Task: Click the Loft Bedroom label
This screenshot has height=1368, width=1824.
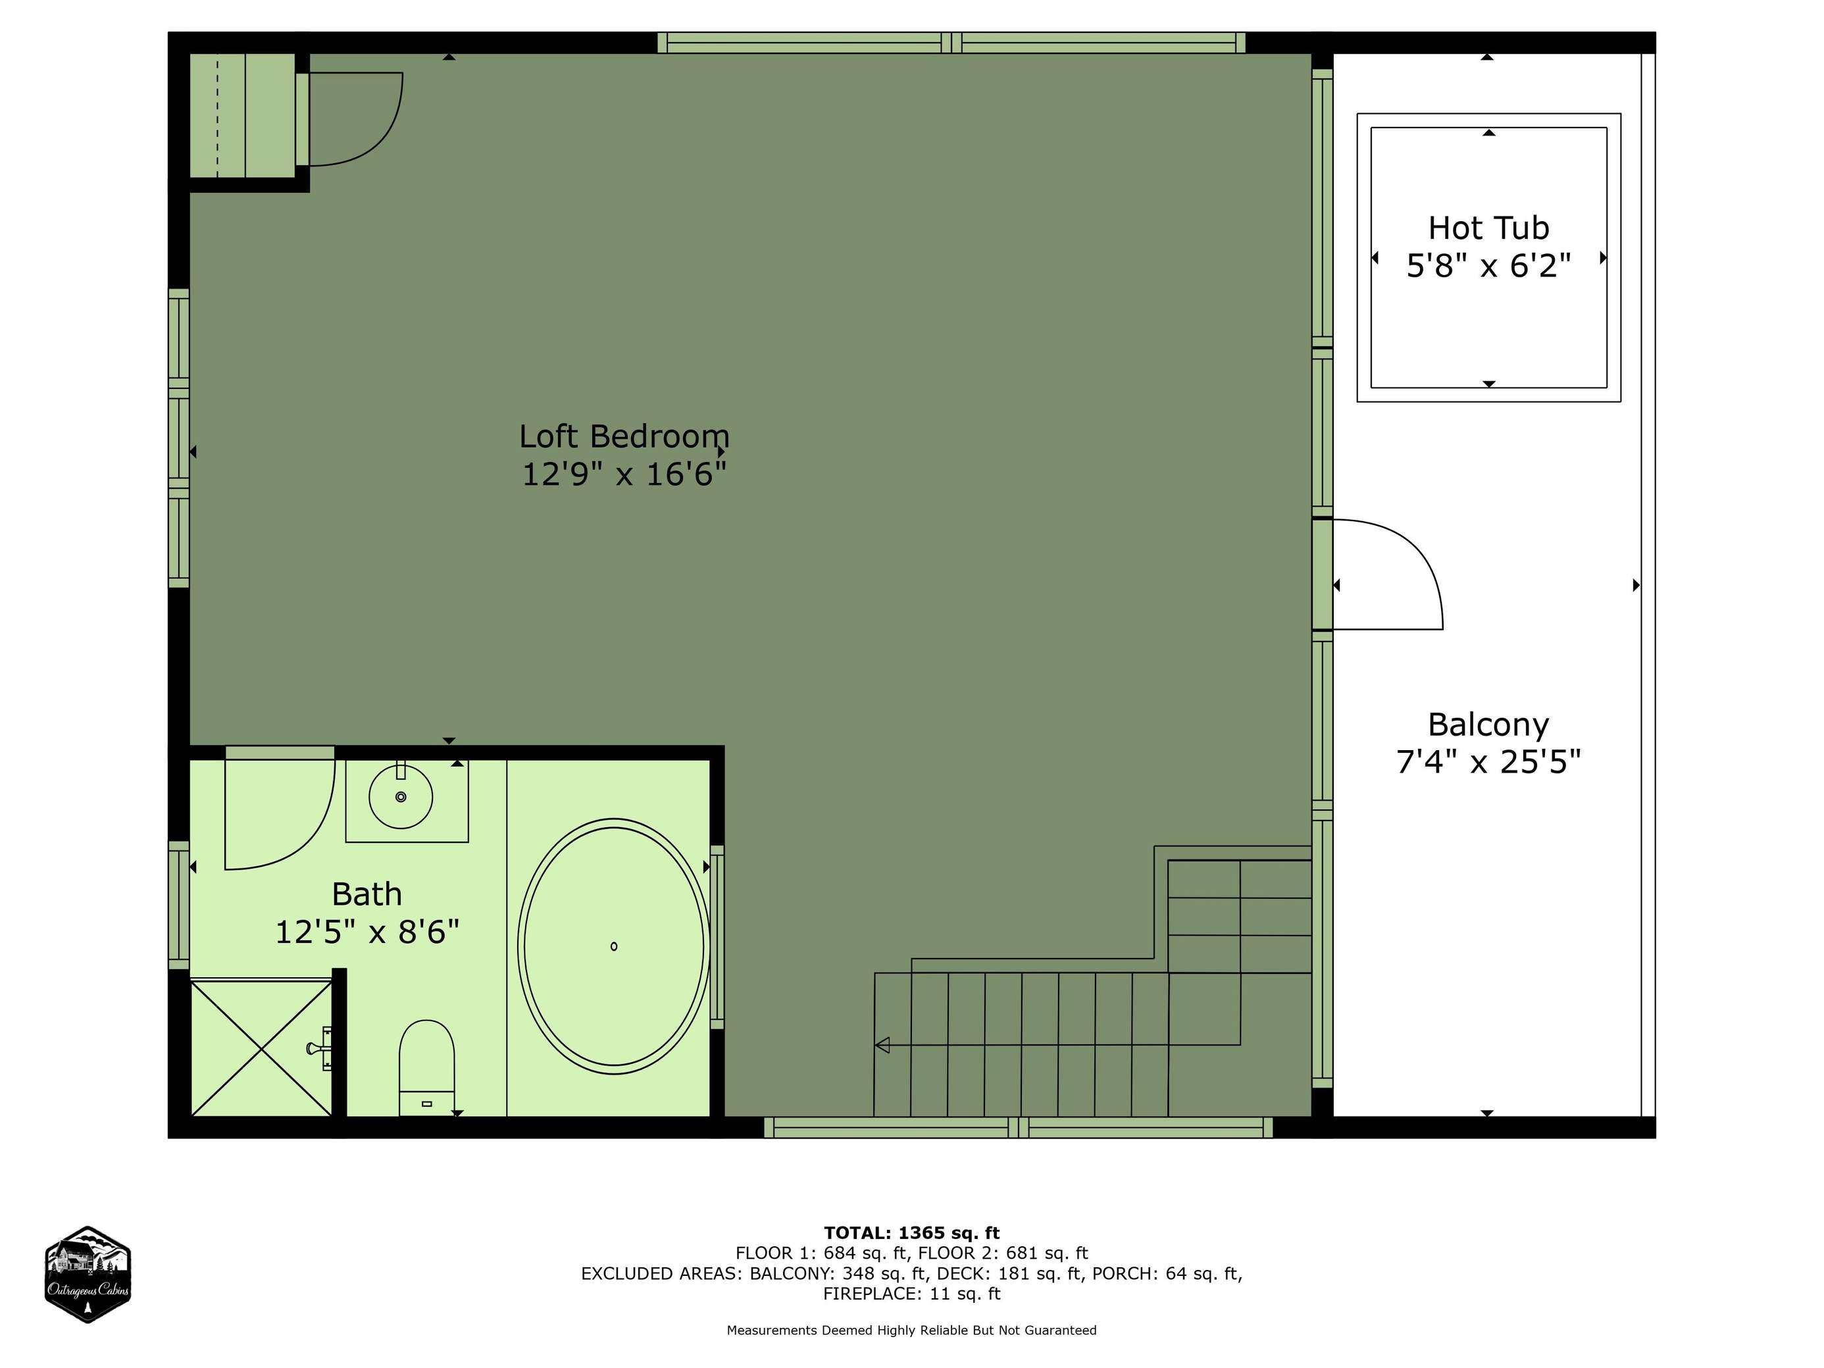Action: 624,436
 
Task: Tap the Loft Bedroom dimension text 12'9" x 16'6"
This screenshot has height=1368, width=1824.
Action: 624,475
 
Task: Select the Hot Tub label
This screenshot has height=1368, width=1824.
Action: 1488,228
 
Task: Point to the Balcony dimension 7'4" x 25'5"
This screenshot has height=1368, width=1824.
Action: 1488,762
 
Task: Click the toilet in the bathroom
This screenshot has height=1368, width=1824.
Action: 426,1068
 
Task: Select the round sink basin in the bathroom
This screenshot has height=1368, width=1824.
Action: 401,797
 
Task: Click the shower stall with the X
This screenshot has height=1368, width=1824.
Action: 261,1048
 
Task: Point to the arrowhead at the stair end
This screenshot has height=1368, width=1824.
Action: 882,1046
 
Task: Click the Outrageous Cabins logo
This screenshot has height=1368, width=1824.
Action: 88,1275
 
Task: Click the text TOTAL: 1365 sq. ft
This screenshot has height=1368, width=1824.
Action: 911,1232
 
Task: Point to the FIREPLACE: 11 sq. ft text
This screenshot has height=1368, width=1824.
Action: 911,1294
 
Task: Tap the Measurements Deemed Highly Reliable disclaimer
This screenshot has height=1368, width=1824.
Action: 911,1330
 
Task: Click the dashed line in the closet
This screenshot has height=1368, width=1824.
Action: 218,115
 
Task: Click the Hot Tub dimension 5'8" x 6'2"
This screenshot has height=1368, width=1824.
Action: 1488,266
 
